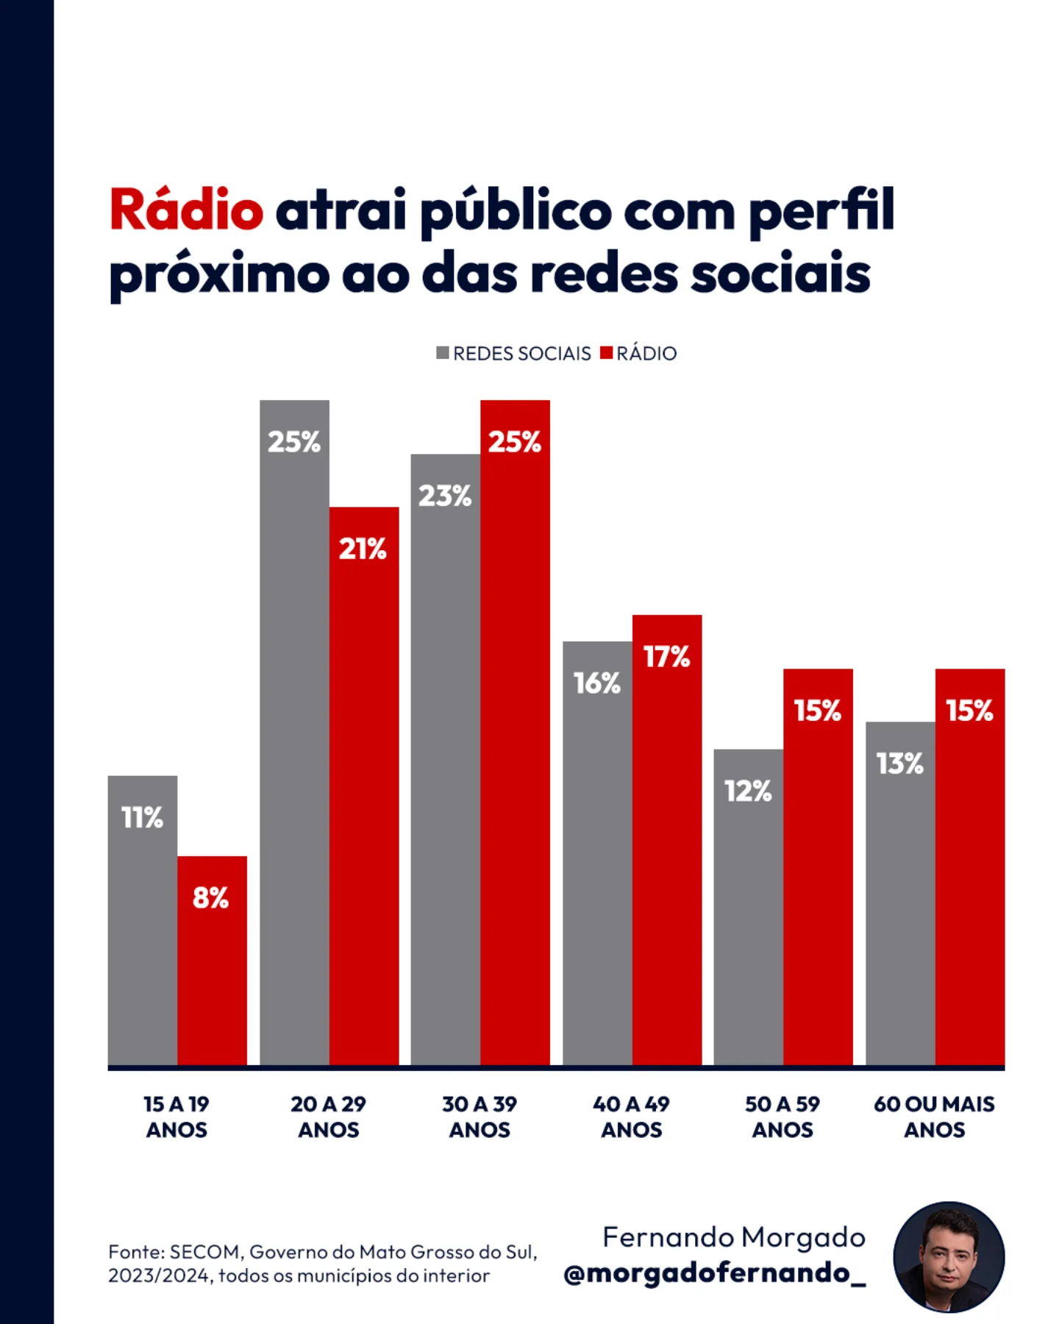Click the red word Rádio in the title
coord(186,210)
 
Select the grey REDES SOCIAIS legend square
coord(442,353)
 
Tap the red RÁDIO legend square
coord(606,353)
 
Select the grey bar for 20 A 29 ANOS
coord(294,736)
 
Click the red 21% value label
coord(363,549)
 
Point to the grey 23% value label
coord(445,496)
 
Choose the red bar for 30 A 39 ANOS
coord(515,736)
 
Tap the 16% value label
coord(597,683)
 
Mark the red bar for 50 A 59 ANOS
coord(818,883)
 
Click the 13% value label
coord(899,764)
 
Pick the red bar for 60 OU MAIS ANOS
coord(970,883)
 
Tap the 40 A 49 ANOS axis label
coord(631,1117)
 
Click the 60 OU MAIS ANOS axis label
coord(934,1117)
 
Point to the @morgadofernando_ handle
coord(714,1273)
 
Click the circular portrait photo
coord(949,1257)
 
